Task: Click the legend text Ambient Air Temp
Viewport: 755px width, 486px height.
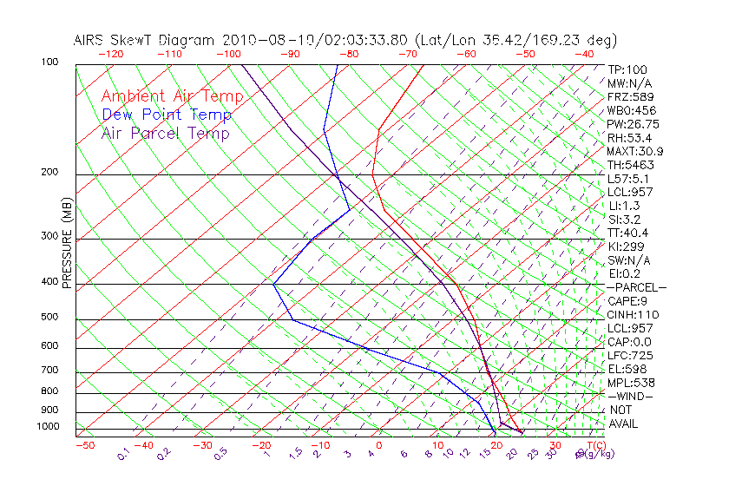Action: [x=173, y=96]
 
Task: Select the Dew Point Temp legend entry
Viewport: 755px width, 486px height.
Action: [x=167, y=115]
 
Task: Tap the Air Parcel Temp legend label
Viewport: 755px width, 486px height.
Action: [x=166, y=133]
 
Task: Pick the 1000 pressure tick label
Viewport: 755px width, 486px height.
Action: [x=49, y=427]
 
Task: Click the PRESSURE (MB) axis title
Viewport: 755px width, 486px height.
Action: [x=67, y=242]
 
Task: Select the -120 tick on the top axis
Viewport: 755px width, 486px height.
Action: [x=110, y=54]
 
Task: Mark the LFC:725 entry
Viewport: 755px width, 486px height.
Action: [x=630, y=356]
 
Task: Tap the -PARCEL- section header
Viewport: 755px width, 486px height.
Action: [x=636, y=287]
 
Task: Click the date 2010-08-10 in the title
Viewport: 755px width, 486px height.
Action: [x=258, y=40]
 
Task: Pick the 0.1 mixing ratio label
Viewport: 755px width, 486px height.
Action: [x=123, y=454]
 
